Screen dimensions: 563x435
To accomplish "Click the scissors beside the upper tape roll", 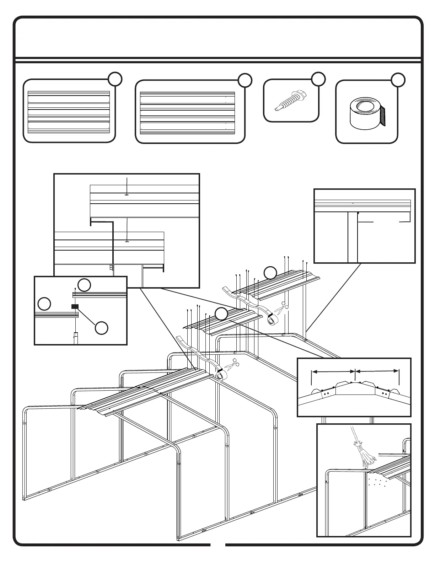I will pos(281,307).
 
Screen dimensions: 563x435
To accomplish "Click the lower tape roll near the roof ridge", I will pos(221,375).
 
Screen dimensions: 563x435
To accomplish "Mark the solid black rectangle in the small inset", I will pos(75,306).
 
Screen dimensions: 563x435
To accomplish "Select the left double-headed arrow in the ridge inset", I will pos(333,371).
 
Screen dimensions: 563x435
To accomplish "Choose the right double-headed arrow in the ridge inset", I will pos(377,371).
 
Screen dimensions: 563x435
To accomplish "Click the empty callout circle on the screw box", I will pos(318,79).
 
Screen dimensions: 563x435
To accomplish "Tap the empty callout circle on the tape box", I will pos(398,80).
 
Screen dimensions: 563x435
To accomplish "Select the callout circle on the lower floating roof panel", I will pos(221,313).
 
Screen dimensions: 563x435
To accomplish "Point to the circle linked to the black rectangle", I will pos(102,328).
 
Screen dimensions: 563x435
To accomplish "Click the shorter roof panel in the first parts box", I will pos(69,112).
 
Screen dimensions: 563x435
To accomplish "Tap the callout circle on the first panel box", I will pos(116,79).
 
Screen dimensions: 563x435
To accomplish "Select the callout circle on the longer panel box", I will pos(245,80).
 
